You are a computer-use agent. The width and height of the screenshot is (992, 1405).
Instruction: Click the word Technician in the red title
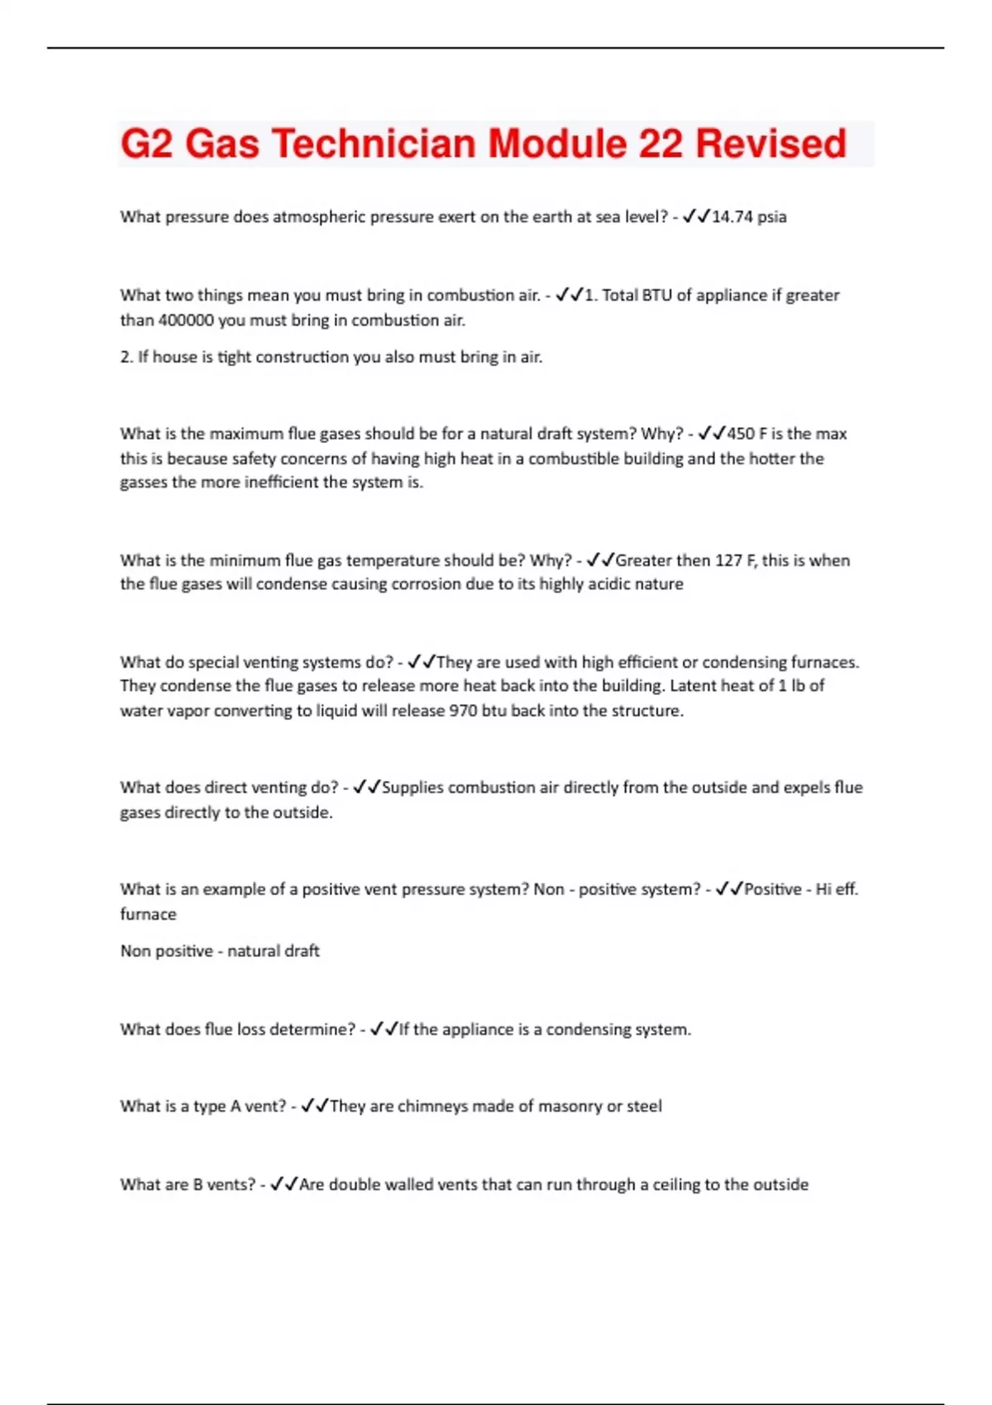click(374, 144)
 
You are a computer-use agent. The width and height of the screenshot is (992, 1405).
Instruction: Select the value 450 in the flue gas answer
click(741, 434)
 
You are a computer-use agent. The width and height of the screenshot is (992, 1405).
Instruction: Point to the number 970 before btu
click(462, 711)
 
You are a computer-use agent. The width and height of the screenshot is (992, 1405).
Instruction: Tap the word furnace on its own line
click(148, 914)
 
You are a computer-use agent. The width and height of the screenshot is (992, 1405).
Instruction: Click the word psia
click(772, 217)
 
